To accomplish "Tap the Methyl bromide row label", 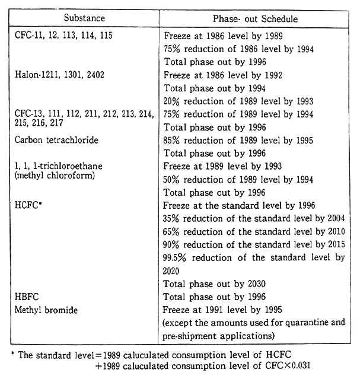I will point(45,309).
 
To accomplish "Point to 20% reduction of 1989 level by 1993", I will point(239,101).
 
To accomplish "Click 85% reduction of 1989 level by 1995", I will point(239,141).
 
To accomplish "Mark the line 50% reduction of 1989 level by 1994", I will point(239,180).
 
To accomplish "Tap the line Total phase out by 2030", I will point(213,283).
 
